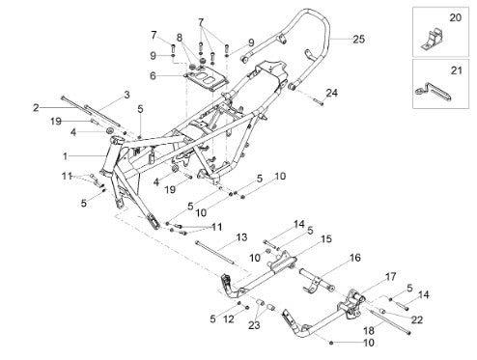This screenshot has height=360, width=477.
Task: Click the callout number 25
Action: [358, 40]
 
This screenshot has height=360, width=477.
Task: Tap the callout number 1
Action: [66, 156]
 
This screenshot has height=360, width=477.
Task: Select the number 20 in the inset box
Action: [455, 17]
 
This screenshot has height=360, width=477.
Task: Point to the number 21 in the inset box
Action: [456, 70]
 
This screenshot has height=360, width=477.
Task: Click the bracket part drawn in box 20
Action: [433, 40]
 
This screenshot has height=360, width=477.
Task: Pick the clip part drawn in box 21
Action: [434, 92]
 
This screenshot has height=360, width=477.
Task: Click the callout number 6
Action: [153, 76]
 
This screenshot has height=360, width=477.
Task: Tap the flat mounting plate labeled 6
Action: [206, 79]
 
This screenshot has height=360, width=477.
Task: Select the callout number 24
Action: [331, 93]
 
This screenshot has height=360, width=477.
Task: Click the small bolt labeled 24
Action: [318, 102]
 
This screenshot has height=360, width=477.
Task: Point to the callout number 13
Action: [241, 237]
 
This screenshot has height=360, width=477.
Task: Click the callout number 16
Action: [355, 258]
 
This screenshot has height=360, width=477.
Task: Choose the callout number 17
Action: [390, 277]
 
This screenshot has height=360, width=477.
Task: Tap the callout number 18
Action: [369, 330]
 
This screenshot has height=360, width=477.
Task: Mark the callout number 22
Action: [416, 319]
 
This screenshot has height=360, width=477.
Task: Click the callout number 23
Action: [254, 325]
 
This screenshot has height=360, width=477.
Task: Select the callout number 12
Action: [229, 319]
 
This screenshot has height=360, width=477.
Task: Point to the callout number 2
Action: [36, 108]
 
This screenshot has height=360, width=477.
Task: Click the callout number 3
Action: [126, 95]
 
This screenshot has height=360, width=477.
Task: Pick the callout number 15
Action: [326, 239]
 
